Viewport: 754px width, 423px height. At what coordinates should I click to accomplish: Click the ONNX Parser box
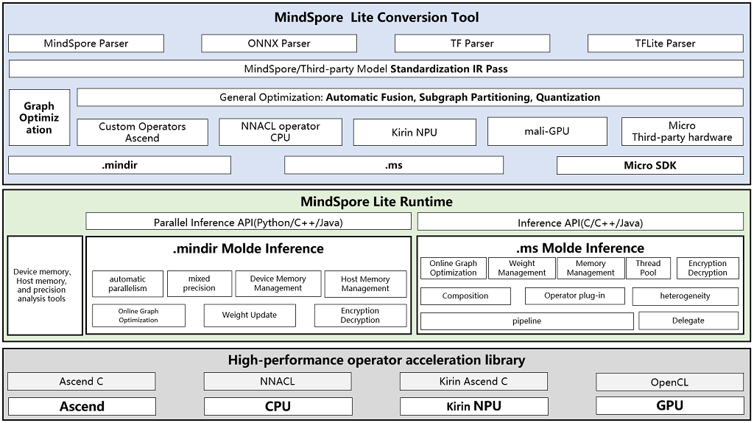point(278,43)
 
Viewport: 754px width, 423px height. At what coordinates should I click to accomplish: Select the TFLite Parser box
point(665,43)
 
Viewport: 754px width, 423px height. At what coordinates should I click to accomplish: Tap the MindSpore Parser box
point(86,43)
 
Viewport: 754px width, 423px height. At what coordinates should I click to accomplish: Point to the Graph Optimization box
point(39,118)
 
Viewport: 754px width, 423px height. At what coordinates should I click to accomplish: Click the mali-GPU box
point(548,131)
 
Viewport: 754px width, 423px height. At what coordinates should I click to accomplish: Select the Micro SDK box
point(649,165)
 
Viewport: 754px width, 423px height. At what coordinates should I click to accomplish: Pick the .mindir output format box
point(119,165)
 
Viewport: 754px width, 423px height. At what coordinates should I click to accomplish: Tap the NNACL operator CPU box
point(281,132)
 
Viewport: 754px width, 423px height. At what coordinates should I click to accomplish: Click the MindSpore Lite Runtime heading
point(376,201)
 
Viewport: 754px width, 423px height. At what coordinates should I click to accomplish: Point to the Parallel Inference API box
point(248,222)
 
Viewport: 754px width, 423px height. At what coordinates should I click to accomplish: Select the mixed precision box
point(199,284)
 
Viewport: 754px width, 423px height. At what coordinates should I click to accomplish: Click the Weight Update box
point(250,315)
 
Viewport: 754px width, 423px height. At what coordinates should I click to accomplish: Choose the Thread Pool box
point(648,268)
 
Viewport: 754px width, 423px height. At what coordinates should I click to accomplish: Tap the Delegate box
point(688,321)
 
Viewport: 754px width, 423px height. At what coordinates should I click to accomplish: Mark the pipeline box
point(526,321)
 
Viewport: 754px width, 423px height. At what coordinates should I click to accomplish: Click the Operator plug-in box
point(574,296)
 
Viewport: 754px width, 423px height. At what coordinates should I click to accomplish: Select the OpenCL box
point(669,382)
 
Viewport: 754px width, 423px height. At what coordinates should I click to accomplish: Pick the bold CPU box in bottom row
point(278,406)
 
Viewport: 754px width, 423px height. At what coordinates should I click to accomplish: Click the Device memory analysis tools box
point(45,286)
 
